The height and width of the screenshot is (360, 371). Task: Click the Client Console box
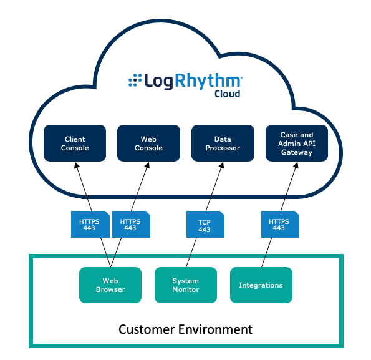(x=75, y=144)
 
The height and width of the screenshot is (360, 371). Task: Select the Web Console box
(x=148, y=144)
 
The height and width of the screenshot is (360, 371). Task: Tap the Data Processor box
(x=223, y=144)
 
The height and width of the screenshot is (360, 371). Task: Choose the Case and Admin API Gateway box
(x=297, y=144)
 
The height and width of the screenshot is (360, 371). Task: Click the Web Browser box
(x=110, y=285)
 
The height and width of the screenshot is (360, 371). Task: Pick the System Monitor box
(x=186, y=285)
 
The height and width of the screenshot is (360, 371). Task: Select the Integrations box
(x=261, y=285)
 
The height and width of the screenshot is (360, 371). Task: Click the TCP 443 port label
(x=205, y=224)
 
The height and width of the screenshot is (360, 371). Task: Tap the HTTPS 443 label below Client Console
(x=90, y=224)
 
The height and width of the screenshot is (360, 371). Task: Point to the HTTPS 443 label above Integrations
(x=280, y=224)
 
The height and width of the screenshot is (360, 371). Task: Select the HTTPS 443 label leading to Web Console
(x=131, y=224)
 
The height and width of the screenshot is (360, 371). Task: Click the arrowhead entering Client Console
(x=76, y=165)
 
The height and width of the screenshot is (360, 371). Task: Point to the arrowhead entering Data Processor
(x=222, y=165)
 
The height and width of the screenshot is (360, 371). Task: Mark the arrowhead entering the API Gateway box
(x=296, y=165)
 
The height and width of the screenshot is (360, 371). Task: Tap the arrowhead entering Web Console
(x=148, y=165)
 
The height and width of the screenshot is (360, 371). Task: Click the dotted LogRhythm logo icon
(x=135, y=80)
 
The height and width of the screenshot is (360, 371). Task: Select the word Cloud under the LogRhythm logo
(x=228, y=94)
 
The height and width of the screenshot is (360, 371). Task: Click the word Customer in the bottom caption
(x=147, y=329)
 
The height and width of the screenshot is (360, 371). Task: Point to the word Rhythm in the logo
(x=208, y=81)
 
